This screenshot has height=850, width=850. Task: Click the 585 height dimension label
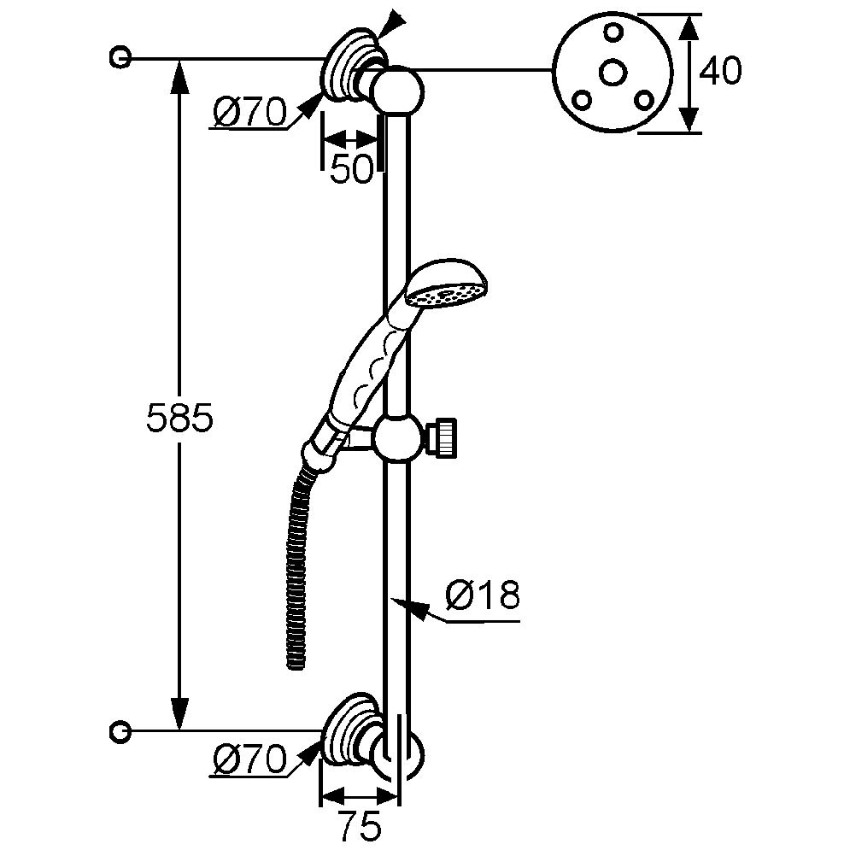pos(178,419)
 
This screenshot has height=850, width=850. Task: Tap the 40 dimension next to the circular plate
pos(719,72)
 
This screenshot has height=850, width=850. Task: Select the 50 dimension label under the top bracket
pos(352,170)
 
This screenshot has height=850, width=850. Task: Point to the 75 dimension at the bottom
pos(359,825)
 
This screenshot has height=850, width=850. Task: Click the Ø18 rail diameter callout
pos(483,596)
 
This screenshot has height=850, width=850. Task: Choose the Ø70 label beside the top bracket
pos(249,112)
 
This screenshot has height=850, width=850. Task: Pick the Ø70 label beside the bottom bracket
pos(249,759)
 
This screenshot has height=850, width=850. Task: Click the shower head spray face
pos(442,296)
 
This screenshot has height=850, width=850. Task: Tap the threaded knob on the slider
pos(447,435)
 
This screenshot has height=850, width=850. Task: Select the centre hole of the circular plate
pos(613,74)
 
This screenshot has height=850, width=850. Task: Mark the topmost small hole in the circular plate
pos(613,32)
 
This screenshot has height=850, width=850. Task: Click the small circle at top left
pos(120,58)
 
